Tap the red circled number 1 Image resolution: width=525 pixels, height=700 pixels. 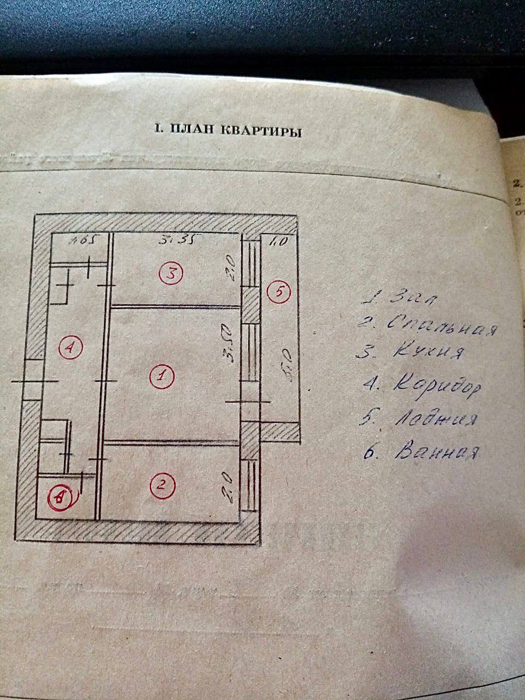click(x=162, y=376)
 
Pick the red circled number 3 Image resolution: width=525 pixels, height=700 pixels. click(x=171, y=273)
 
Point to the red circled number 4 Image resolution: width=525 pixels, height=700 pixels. click(x=71, y=347)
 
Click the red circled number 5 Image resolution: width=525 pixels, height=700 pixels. click(x=279, y=292)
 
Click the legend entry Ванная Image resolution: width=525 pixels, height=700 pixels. click(x=421, y=453)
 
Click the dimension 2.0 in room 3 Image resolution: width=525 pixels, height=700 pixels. click(x=231, y=269)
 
